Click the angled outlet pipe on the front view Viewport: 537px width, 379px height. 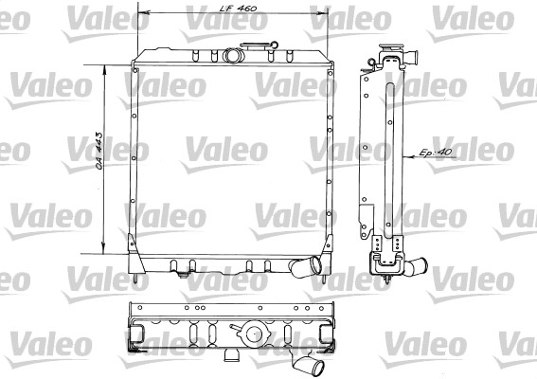(x=305, y=267)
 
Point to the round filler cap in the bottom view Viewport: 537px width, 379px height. (x=255, y=334)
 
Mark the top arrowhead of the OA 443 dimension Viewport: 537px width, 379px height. (x=103, y=67)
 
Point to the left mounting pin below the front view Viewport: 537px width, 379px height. (x=138, y=279)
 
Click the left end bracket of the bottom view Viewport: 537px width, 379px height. (x=134, y=332)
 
